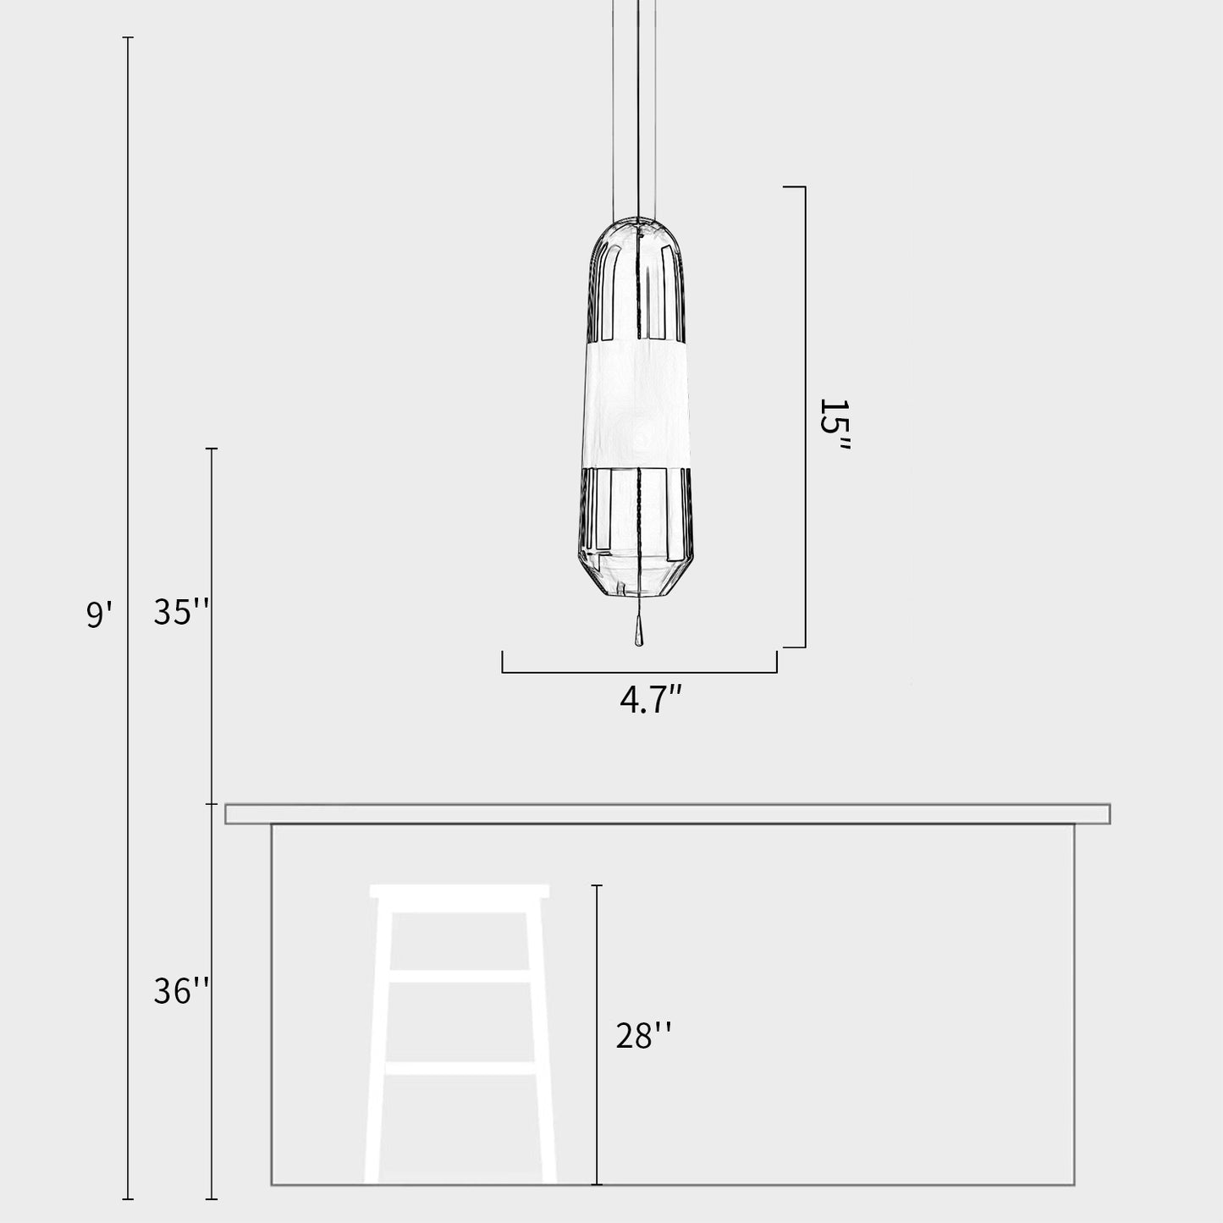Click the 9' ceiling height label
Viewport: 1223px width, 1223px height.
[x=98, y=613]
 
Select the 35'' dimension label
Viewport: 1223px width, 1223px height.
[x=180, y=612]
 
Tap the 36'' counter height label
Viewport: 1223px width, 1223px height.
[x=180, y=990]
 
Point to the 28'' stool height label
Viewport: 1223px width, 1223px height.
[x=643, y=1035]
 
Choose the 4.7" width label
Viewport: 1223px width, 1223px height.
[x=650, y=701]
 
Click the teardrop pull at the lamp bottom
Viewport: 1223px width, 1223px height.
[x=639, y=634]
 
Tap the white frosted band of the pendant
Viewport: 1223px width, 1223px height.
[x=639, y=402]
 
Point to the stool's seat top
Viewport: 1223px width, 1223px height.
[x=460, y=891]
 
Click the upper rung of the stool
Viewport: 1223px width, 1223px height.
[x=461, y=976]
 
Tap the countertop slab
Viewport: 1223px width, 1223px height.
[x=667, y=814]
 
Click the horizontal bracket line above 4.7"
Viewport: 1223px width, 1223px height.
[x=639, y=673]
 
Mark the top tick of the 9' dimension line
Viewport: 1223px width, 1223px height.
[x=128, y=38]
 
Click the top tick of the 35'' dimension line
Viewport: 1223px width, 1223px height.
[x=212, y=449]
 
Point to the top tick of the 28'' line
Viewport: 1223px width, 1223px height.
[x=597, y=885]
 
